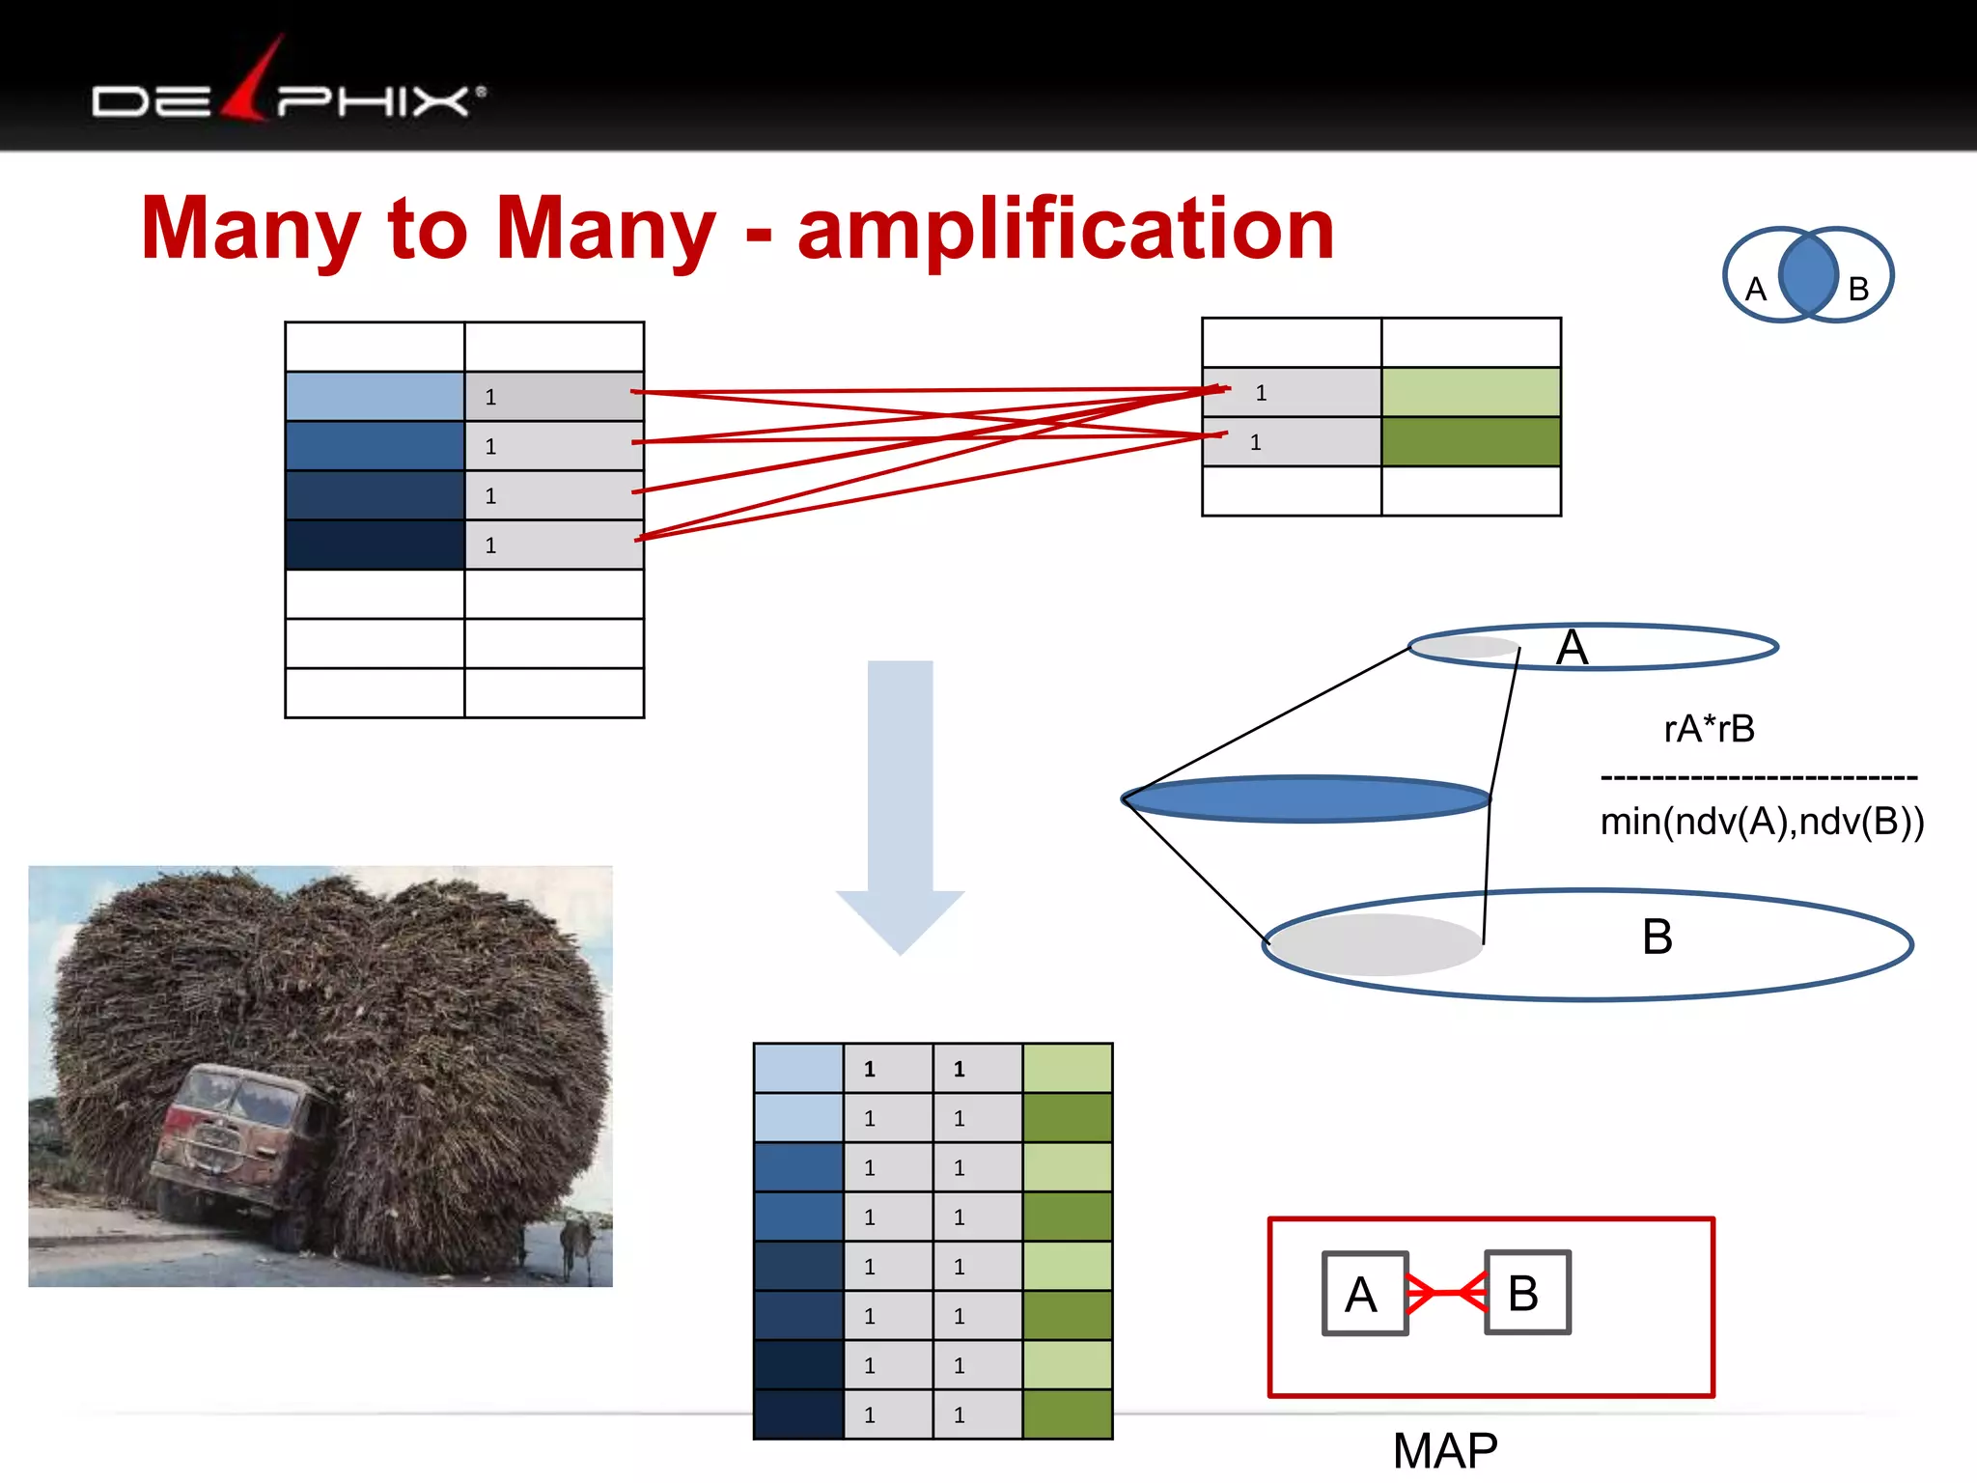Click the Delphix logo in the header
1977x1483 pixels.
[288, 92]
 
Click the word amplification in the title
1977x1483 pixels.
[1066, 229]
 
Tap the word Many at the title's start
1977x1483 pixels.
[249, 229]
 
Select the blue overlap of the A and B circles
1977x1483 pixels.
[1807, 275]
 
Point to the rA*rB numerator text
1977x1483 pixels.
[1709, 729]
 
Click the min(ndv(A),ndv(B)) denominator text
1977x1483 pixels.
[1762, 822]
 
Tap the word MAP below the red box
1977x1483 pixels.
[1445, 1450]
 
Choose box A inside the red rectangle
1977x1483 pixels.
[1364, 1294]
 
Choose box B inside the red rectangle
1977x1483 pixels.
[1527, 1293]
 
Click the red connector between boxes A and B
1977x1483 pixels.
[1446, 1293]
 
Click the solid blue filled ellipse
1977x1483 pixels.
[1306, 799]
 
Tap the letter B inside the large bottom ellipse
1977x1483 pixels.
[1657, 937]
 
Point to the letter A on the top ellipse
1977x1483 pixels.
[1572, 648]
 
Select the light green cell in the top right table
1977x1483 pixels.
[1470, 392]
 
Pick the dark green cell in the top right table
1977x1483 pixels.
[1470, 441]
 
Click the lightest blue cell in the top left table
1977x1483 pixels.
[375, 396]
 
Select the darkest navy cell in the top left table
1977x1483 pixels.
[375, 545]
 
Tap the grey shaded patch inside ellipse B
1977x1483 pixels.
[1376, 944]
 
